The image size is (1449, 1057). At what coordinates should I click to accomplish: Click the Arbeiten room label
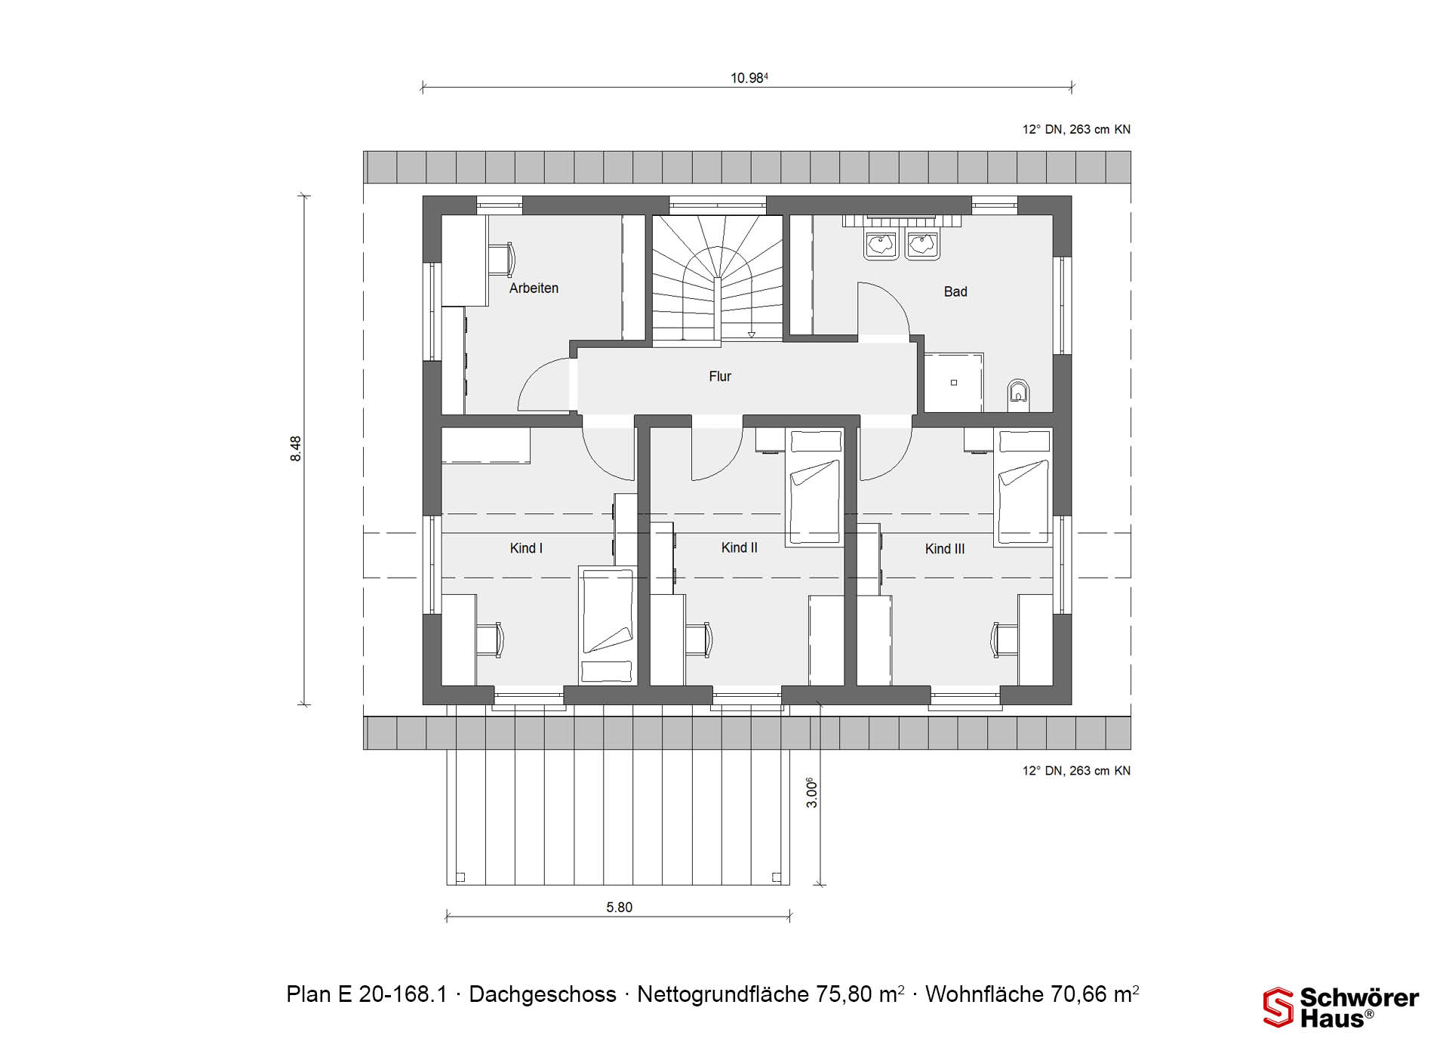point(534,288)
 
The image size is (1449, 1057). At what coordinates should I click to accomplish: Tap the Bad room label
point(955,291)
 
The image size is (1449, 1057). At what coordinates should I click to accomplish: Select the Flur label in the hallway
point(720,376)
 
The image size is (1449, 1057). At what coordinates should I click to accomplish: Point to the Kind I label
point(526,548)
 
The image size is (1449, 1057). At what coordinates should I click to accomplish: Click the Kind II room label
point(739,547)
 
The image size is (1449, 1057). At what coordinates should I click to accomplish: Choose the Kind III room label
point(945,549)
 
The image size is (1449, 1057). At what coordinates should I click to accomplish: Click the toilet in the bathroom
point(1019,394)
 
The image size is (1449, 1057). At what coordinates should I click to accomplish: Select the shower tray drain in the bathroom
point(954,383)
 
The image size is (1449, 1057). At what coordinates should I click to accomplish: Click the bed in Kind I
point(607,625)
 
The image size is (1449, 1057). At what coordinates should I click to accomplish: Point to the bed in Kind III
point(1023,488)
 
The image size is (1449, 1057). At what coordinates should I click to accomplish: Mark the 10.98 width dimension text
point(749,78)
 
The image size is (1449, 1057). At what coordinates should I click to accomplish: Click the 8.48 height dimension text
point(296,448)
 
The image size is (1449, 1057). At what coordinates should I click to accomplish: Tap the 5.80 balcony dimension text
point(619,907)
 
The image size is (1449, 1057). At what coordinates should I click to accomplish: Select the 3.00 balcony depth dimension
point(812,793)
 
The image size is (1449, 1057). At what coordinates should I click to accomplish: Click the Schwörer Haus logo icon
point(1278,1008)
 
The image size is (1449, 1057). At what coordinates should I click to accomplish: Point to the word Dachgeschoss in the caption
point(543,994)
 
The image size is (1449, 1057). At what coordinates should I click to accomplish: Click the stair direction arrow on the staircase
point(752,333)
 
